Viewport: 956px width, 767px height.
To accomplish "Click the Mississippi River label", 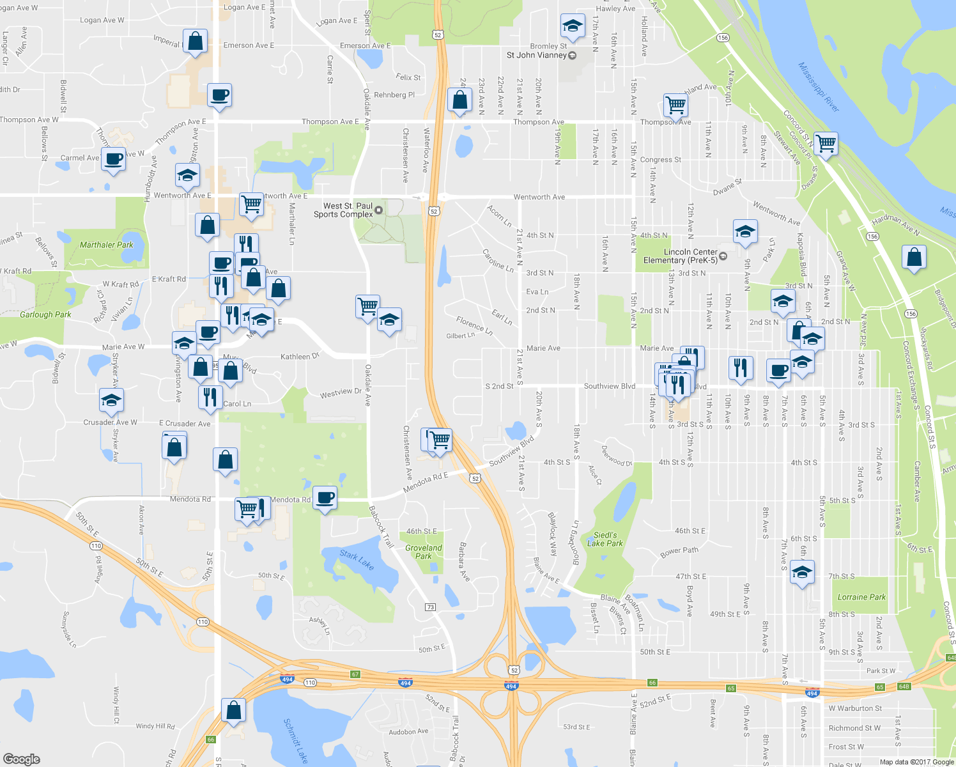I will click(x=819, y=87).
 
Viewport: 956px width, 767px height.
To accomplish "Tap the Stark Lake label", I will click(x=357, y=560).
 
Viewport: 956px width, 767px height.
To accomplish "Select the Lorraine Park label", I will click(x=861, y=597).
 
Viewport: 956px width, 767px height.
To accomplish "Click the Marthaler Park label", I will click(x=107, y=245).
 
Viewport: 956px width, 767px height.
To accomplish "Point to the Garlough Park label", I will click(x=45, y=314).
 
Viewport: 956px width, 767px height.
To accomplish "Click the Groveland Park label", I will click(x=423, y=552).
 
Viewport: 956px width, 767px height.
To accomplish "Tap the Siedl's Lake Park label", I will click(x=605, y=539).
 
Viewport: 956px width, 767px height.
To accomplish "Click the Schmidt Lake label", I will click(x=296, y=740).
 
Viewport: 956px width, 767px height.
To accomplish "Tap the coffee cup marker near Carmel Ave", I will click(x=113, y=159).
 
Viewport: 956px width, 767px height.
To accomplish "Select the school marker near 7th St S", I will click(x=801, y=571).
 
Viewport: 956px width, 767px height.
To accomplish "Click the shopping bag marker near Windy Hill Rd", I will click(x=233, y=710).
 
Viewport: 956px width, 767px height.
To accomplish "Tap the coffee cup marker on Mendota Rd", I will click(x=325, y=497).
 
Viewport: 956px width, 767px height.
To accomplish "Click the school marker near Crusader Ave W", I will click(x=111, y=401).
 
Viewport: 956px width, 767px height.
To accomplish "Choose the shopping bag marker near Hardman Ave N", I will click(x=914, y=258).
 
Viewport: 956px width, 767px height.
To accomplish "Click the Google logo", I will click(x=22, y=759).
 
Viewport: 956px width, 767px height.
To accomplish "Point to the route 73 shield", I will click(x=430, y=607).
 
